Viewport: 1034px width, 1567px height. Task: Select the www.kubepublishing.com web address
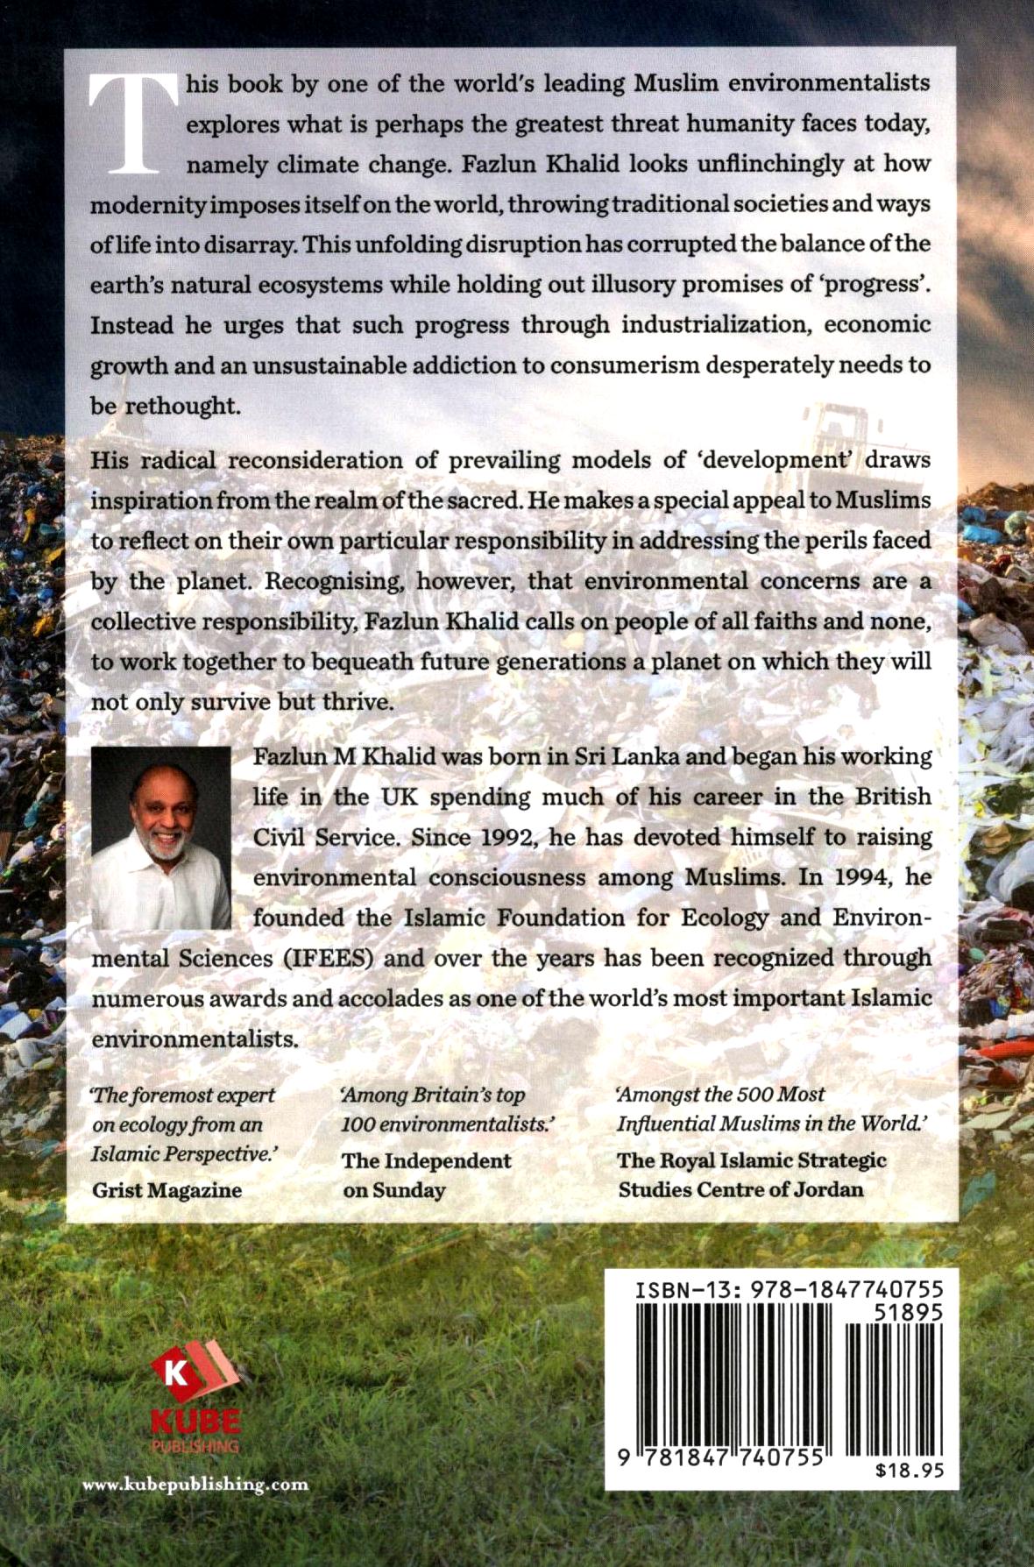[x=195, y=1484]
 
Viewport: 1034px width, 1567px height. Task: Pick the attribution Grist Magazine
[x=166, y=1190]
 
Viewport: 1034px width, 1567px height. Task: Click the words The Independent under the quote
[x=426, y=1161]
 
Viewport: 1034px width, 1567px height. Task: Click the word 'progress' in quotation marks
[x=879, y=285]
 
